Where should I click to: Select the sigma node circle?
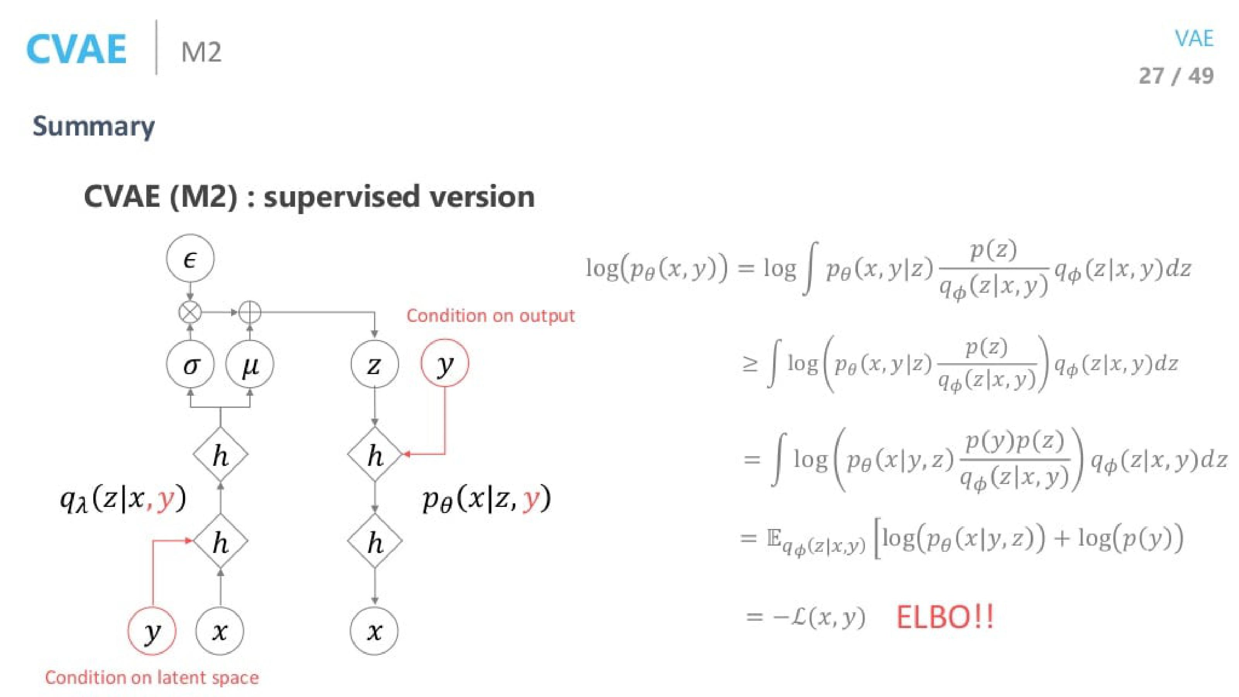[190, 365]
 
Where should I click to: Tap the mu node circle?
[250, 365]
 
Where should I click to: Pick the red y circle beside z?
[444, 363]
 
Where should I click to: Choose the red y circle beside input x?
[152, 631]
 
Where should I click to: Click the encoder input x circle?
[220, 631]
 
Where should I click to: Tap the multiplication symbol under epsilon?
[190, 312]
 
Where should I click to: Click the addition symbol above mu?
[250, 312]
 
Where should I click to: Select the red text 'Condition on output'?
[490, 316]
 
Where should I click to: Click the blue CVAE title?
[77, 49]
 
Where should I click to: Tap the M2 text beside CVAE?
[201, 52]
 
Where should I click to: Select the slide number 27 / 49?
[1176, 76]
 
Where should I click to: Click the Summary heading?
[94, 127]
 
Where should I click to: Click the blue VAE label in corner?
[1194, 38]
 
